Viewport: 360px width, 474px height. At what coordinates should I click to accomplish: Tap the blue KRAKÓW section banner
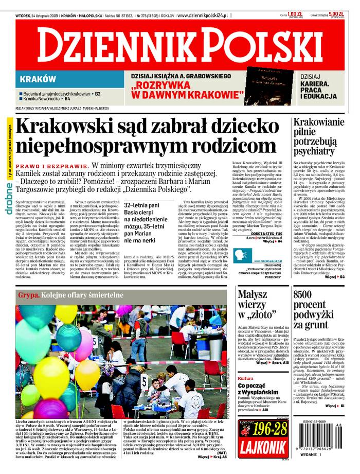point(39,79)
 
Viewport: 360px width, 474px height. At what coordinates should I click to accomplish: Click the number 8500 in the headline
point(307,295)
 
